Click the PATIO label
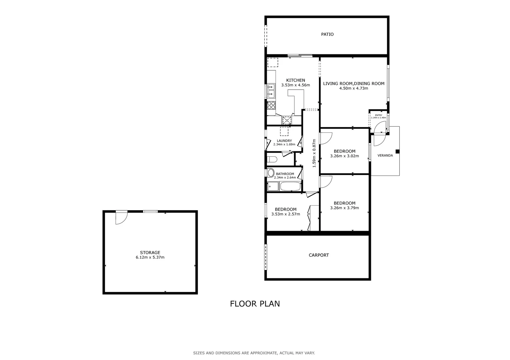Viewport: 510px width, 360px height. click(x=327, y=34)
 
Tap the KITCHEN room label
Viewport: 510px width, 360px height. click(x=296, y=80)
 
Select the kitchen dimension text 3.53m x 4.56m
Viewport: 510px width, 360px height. click(x=296, y=85)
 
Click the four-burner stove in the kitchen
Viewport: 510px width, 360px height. click(x=271, y=105)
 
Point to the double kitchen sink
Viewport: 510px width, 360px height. click(x=271, y=91)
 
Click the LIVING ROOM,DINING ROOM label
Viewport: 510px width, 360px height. click(x=354, y=84)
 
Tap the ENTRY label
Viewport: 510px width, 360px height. click(x=379, y=115)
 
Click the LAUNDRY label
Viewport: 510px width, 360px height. click(x=284, y=141)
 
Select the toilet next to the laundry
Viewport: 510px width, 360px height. click(x=272, y=159)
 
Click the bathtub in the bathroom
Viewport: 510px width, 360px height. click(x=290, y=186)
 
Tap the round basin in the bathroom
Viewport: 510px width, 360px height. click(x=271, y=173)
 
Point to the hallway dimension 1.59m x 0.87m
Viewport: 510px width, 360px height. click(x=314, y=153)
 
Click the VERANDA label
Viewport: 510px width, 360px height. click(x=385, y=155)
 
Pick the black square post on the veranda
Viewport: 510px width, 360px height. click(x=398, y=151)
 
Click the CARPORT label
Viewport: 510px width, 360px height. click(x=319, y=255)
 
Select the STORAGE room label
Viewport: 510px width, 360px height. click(x=150, y=252)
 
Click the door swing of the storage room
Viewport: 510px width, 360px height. click(x=121, y=218)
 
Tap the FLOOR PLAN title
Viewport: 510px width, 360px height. click(x=255, y=304)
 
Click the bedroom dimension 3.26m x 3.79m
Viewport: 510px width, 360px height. click(x=345, y=208)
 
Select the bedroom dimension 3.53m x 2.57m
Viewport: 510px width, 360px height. click(x=286, y=214)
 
